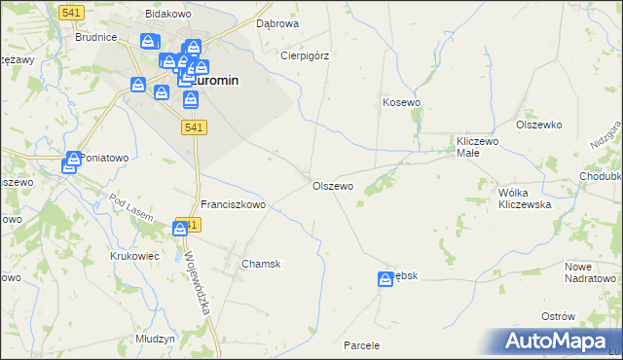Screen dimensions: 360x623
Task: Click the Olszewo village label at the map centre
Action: tap(332, 186)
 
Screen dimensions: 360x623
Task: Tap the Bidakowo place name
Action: tap(166, 15)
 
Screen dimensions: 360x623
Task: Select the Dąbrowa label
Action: tap(277, 22)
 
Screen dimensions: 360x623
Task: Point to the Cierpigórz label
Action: tap(305, 55)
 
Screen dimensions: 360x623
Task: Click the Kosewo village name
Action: tap(401, 102)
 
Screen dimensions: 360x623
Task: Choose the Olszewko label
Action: tap(540, 125)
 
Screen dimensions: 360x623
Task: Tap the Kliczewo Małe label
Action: tap(478, 147)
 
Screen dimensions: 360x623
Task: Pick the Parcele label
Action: tap(361, 345)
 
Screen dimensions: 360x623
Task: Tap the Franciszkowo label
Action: tap(234, 205)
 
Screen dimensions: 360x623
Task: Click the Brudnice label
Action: tap(96, 37)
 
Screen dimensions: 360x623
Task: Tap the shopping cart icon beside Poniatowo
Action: tap(71, 164)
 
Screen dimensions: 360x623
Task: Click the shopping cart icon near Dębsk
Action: tap(385, 279)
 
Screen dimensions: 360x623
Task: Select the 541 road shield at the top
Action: tap(70, 12)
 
